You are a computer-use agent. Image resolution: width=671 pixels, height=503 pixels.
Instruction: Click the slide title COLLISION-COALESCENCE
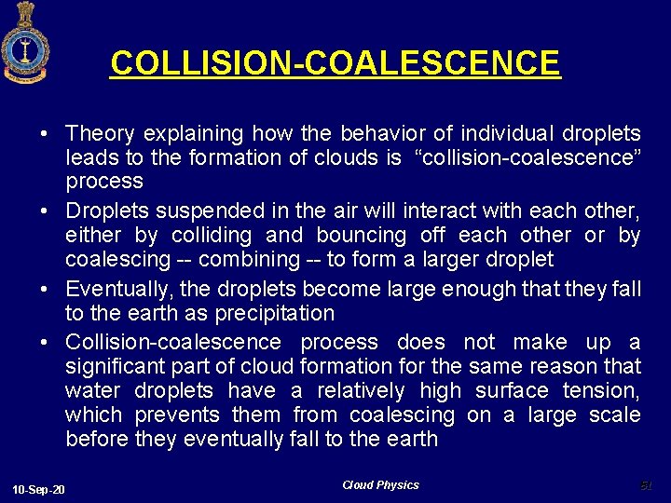335,63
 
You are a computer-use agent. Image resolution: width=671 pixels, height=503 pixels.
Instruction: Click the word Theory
101,134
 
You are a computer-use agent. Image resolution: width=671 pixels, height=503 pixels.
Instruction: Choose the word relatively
361,391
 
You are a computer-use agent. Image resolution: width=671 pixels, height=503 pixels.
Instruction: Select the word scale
615,415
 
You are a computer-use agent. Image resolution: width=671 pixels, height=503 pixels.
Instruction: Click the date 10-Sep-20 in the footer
39,489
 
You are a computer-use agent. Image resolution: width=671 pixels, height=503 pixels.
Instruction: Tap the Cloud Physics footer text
380,485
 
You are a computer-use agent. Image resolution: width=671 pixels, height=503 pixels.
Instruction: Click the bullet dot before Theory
45,135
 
